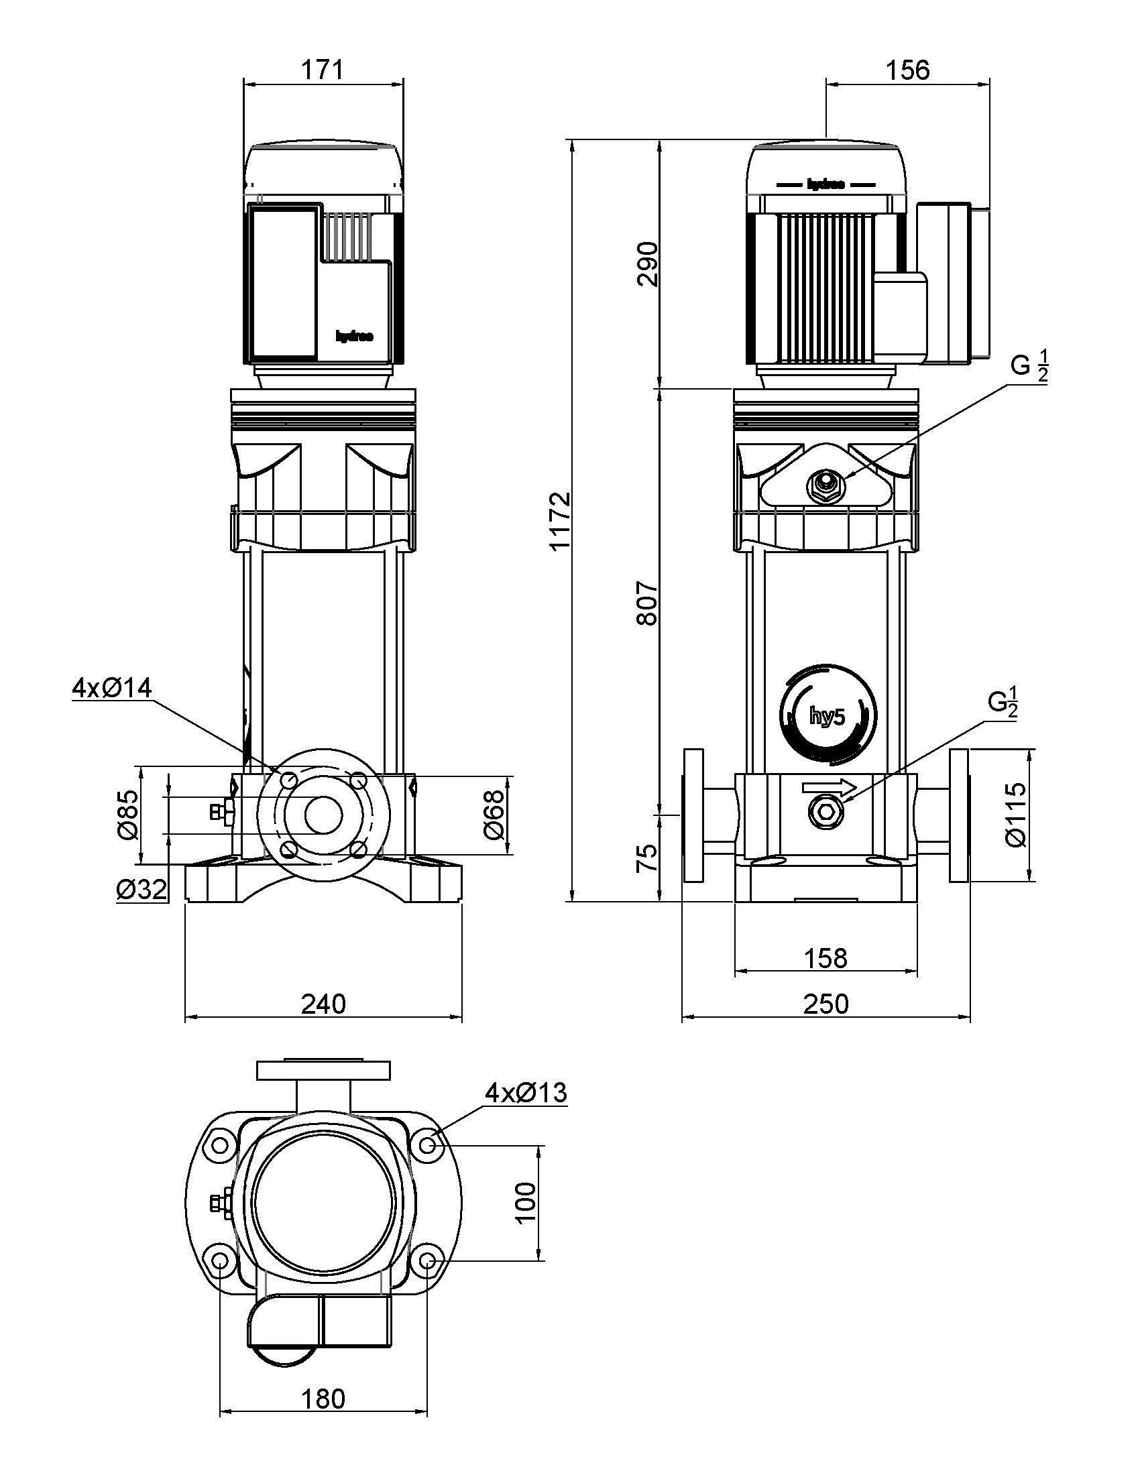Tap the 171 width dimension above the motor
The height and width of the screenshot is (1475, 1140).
coord(323,70)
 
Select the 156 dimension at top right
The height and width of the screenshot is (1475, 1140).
coord(908,70)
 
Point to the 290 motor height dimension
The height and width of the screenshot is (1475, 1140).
coord(647,263)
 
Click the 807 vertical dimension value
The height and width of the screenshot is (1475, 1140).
coord(647,602)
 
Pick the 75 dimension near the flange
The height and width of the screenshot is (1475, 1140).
coord(647,858)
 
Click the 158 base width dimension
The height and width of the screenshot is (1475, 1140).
coord(825,957)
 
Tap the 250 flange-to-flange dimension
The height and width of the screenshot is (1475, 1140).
coord(825,1004)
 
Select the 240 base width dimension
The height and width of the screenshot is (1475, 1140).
coord(323,1004)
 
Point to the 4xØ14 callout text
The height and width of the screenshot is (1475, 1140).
coord(112,687)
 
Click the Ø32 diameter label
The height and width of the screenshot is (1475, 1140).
coord(141,890)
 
